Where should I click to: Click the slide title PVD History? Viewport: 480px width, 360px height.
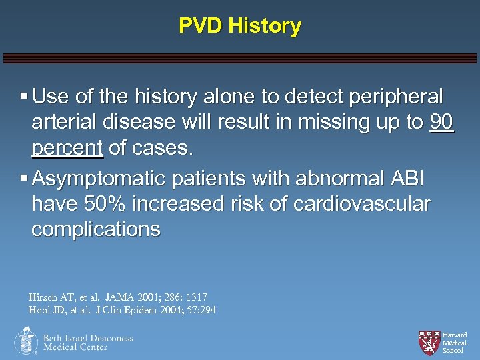(240, 26)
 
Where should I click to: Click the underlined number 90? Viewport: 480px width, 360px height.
(442, 123)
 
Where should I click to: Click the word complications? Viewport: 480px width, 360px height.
(96, 229)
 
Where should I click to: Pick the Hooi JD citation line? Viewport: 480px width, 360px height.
(122, 310)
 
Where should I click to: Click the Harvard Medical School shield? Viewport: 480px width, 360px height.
(429, 341)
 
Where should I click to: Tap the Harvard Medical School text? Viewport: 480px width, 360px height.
(455, 342)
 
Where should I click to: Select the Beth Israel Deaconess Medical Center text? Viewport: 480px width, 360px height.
(88, 343)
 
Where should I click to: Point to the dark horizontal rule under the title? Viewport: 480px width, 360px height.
(240, 58)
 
